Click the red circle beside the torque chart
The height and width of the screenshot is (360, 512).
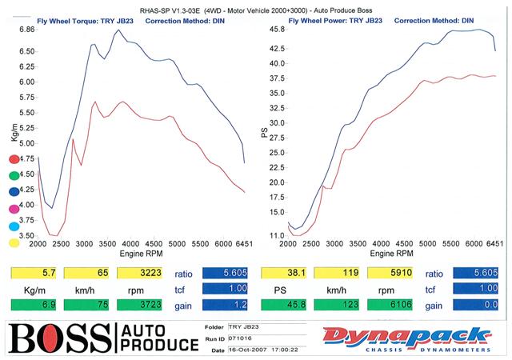14,158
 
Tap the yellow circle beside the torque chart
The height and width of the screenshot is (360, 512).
14,243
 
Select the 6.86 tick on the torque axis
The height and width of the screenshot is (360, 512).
26,29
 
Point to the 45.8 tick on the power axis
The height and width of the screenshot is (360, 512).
278,29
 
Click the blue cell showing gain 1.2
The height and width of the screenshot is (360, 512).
227,304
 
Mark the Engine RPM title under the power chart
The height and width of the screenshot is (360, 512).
387,253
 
